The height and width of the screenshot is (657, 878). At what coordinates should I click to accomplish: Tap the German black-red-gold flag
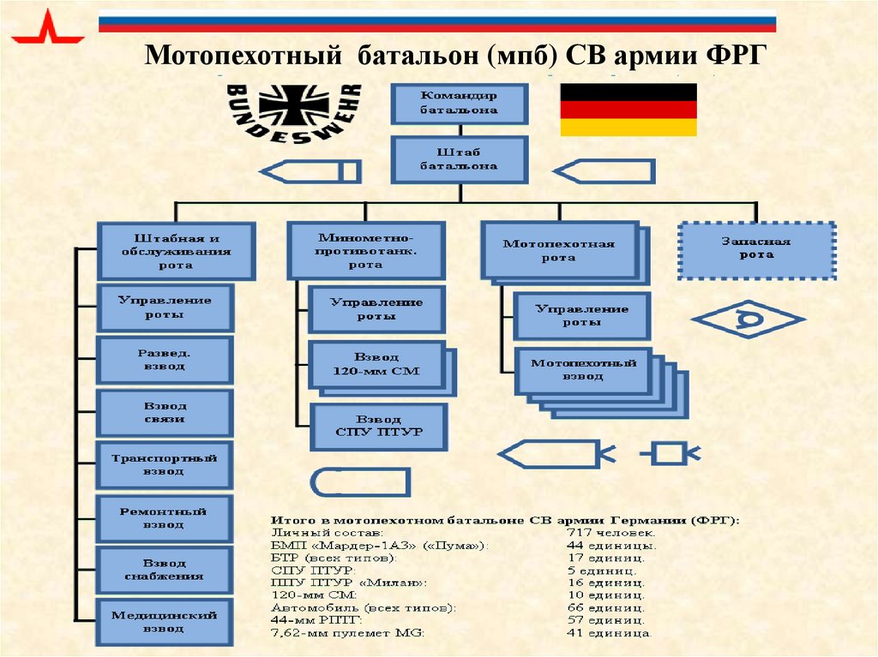[x=628, y=110]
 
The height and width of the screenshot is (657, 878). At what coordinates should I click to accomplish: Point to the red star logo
[x=47, y=30]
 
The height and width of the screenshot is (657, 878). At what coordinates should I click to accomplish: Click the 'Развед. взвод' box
[x=164, y=359]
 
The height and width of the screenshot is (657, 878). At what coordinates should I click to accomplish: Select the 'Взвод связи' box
[x=164, y=412]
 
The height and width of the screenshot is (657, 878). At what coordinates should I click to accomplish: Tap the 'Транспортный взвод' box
[x=164, y=465]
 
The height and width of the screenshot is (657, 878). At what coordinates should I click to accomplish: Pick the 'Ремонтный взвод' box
[x=164, y=517]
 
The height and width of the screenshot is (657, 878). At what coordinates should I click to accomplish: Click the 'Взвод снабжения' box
[x=164, y=570]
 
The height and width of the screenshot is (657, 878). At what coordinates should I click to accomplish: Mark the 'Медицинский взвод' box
[x=164, y=622]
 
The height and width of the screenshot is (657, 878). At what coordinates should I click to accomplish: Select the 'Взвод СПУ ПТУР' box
[x=378, y=426]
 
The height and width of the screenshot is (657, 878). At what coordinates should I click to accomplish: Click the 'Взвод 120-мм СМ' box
[x=376, y=365]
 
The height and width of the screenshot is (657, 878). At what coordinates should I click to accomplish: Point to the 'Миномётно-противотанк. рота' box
[x=365, y=251]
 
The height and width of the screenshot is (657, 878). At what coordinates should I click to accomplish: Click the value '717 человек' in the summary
[x=611, y=533]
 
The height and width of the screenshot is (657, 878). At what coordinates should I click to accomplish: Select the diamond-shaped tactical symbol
[x=747, y=320]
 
